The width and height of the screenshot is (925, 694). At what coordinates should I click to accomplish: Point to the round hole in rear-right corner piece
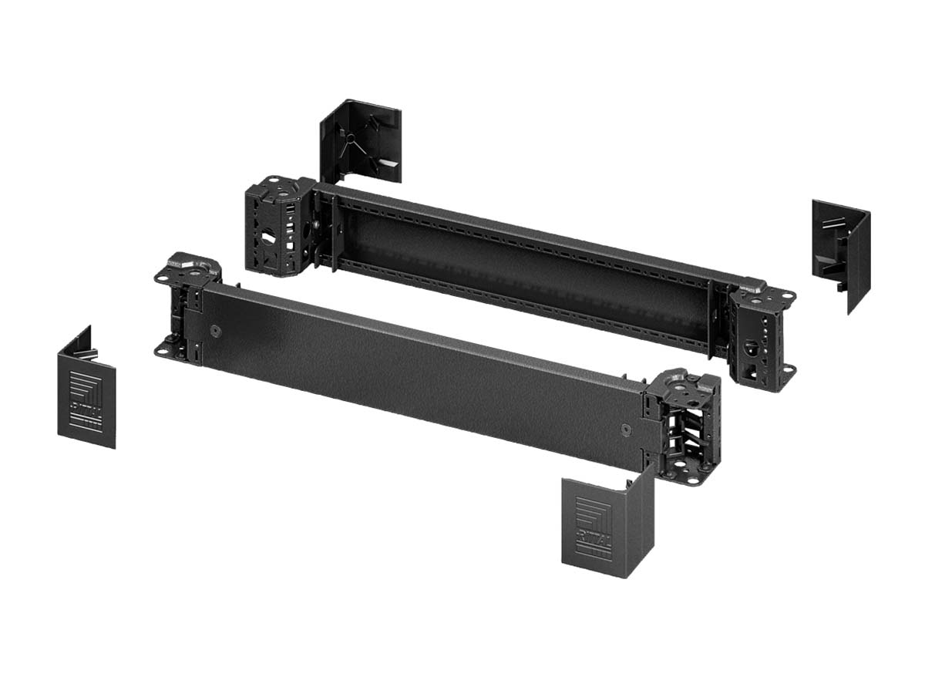(749, 346)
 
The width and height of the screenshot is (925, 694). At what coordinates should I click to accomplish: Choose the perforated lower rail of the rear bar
(524, 308)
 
